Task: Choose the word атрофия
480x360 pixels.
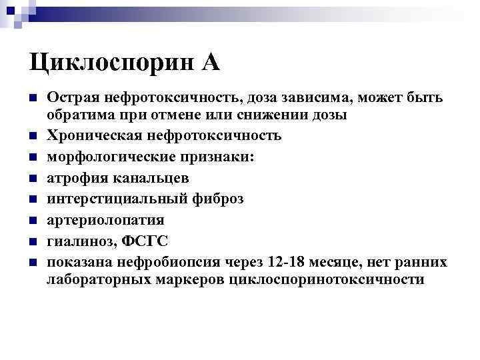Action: point(73,177)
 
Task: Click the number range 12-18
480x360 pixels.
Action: point(289,262)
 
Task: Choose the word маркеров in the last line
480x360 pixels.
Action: point(186,279)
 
